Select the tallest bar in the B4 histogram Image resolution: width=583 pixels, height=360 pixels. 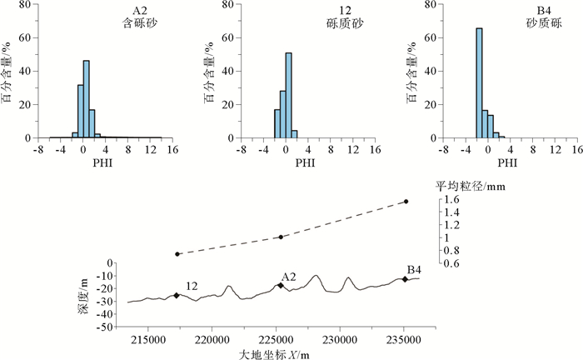(479, 83)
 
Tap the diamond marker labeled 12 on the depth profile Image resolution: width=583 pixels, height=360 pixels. (177, 295)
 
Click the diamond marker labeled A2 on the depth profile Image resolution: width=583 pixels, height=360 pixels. (281, 285)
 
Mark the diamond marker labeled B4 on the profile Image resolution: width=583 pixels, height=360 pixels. (405, 279)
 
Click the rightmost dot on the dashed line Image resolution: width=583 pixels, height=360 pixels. (406, 202)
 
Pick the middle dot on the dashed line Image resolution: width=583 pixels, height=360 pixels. (281, 237)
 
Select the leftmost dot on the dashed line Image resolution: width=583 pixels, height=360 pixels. (177, 254)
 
